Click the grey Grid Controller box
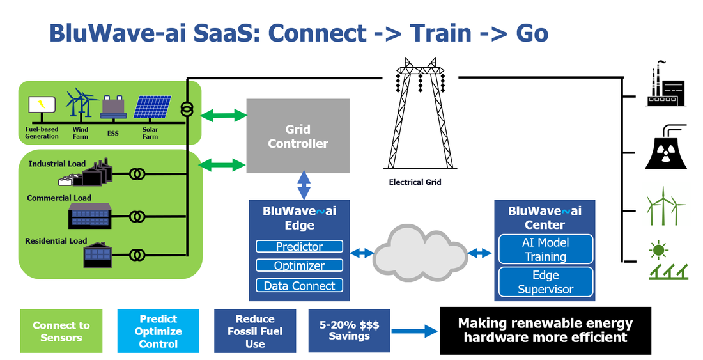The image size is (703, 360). pyautogui.click(x=298, y=136)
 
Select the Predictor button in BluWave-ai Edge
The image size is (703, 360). pyautogui.click(x=300, y=246)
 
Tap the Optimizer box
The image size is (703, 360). pyautogui.click(x=300, y=265)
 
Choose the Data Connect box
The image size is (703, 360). pyautogui.click(x=300, y=286)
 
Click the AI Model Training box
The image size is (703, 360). pyautogui.click(x=546, y=249)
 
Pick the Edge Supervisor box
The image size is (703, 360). pyautogui.click(x=546, y=282)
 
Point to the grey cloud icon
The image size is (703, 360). pyautogui.click(x=420, y=253)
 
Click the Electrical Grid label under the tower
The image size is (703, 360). pyautogui.click(x=415, y=182)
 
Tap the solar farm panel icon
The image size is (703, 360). pyautogui.click(x=153, y=107)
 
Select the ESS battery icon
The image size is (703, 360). pyautogui.click(x=113, y=107)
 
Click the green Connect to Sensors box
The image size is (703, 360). pyautogui.click(x=61, y=331)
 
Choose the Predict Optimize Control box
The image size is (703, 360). pyautogui.click(x=158, y=331)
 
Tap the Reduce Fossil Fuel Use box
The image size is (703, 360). pyautogui.click(x=254, y=331)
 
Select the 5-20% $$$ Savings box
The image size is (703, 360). pyautogui.click(x=349, y=331)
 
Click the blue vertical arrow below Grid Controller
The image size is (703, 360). pyautogui.click(x=304, y=185)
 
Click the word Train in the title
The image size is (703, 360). pyautogui.click(x=440, y=33)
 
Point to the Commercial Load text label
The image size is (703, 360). pyautogui.click(x=59, y=198)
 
